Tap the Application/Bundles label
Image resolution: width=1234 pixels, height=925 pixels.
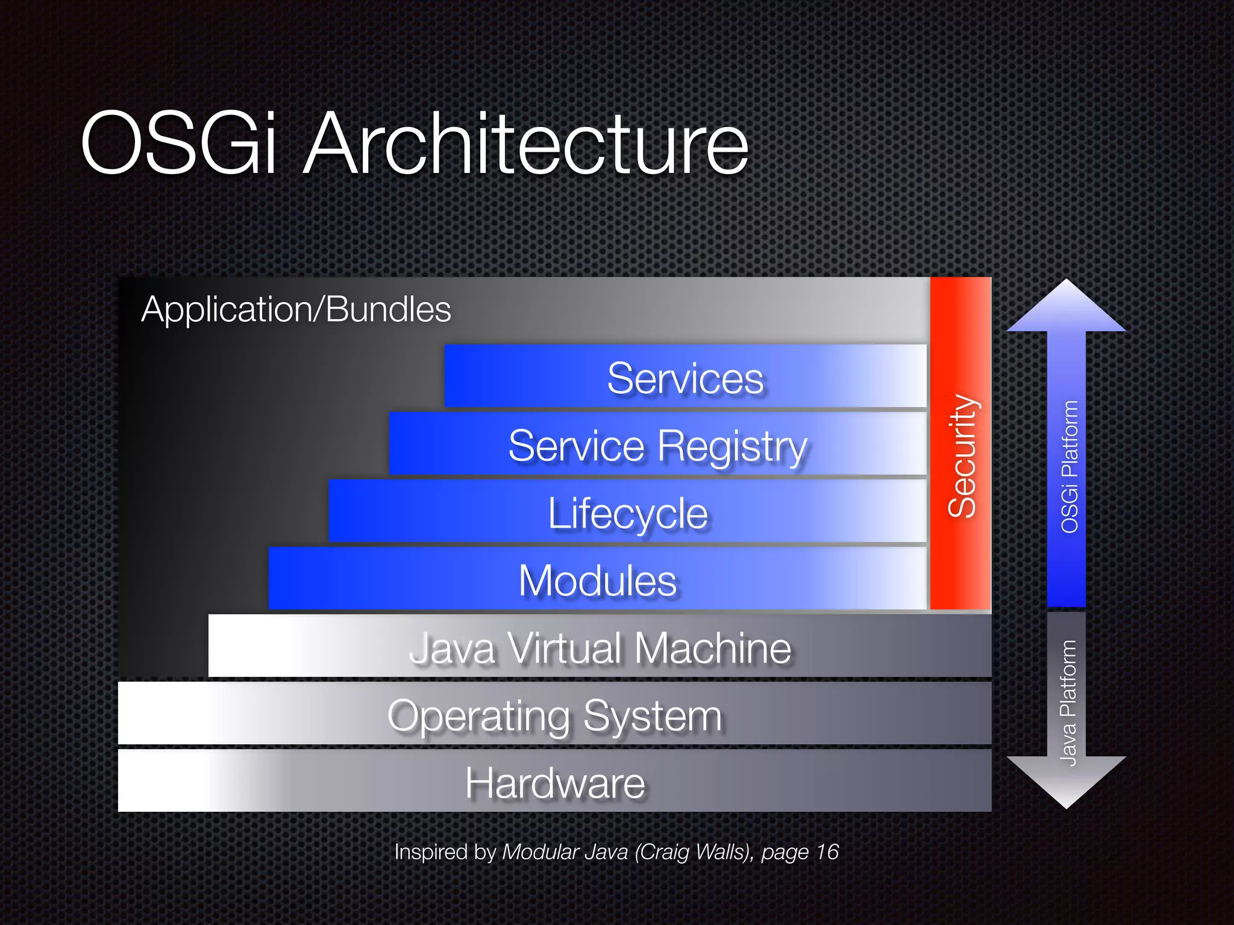point(296,310)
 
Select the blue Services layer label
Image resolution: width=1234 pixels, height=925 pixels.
point(685,379)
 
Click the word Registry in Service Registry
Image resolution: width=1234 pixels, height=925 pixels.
point(732,447)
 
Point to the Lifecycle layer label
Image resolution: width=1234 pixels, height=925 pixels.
point(627,514)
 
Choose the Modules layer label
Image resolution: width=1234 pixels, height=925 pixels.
point(598,581)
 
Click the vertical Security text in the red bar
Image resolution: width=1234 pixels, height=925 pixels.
point(962,456)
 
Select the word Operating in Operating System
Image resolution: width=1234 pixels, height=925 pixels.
point(479,717)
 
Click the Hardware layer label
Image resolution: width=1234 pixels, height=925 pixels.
point(555,783)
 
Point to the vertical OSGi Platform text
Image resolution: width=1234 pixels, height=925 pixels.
point(1069,467)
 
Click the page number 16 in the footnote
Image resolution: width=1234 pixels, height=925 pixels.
point(827,852)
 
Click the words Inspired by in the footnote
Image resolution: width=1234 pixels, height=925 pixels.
point(445,852)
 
